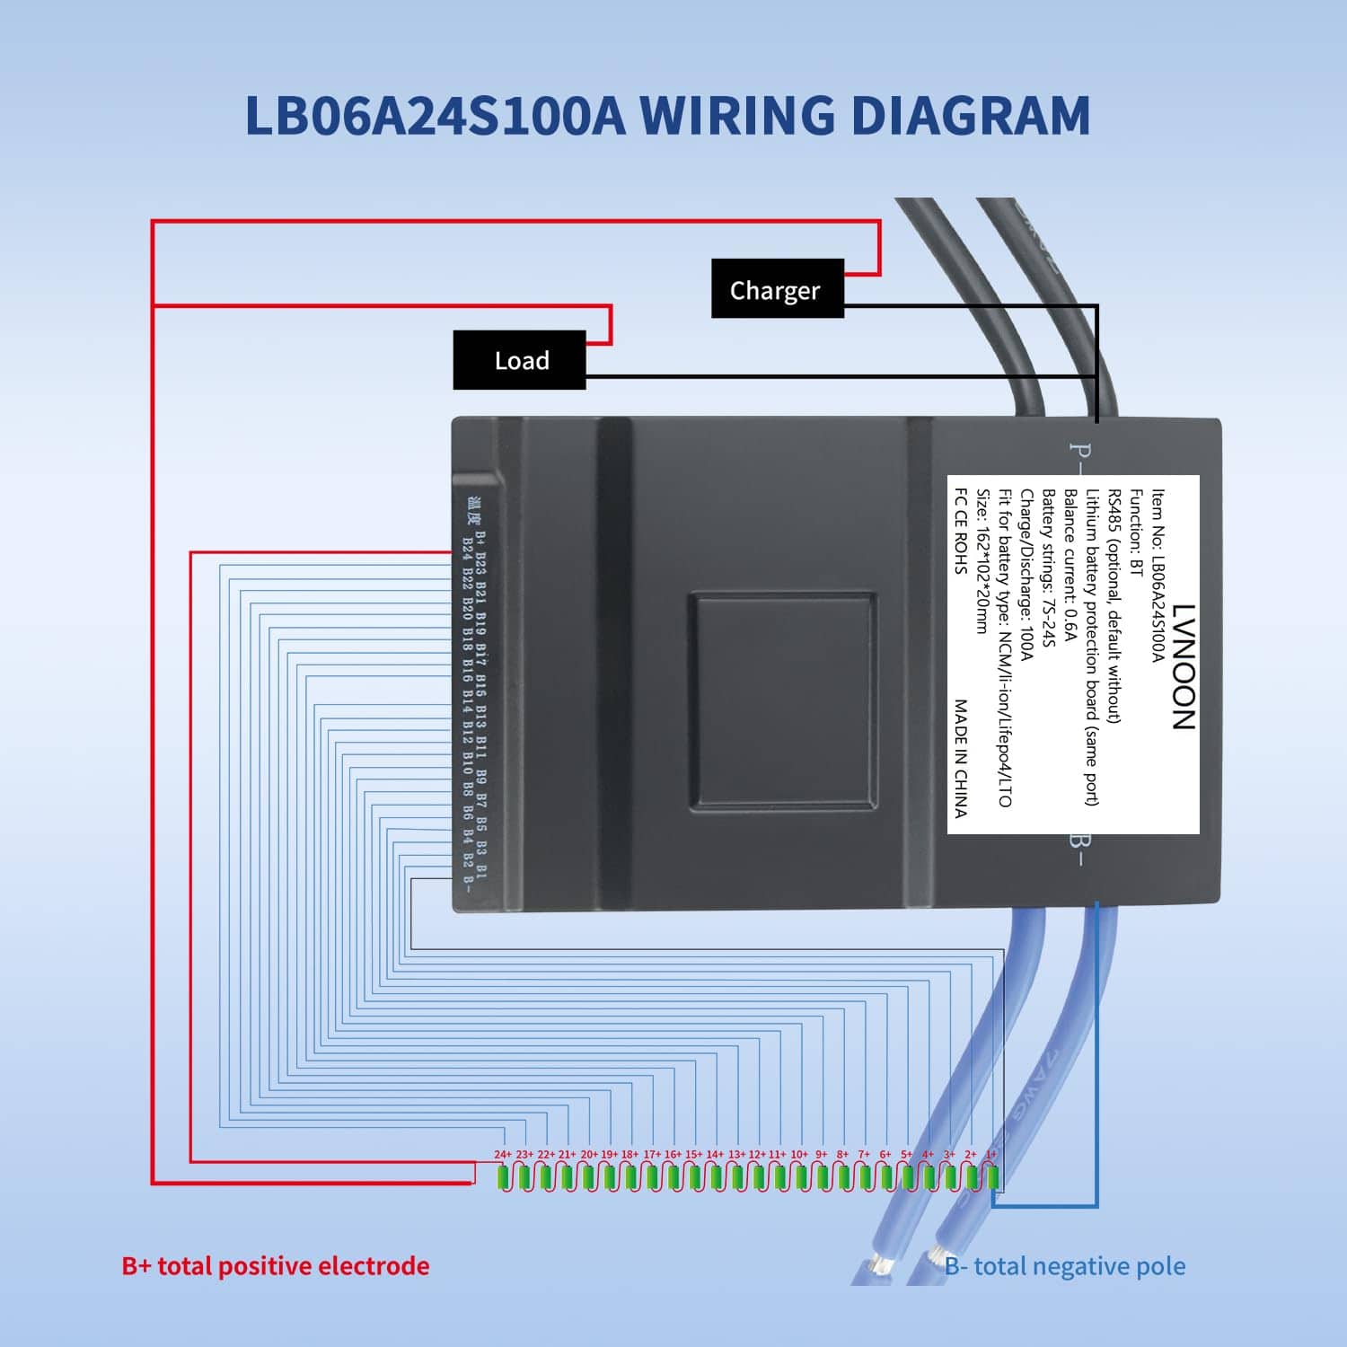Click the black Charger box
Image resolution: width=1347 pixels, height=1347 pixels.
pos(777,289)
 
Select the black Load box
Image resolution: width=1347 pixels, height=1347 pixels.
pos(520,360)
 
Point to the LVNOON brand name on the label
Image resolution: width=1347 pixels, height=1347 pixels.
pos(1184,665)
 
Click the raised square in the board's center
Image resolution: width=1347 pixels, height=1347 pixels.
pos(783,700)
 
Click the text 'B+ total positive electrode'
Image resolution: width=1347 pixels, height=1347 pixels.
pos(275,1266)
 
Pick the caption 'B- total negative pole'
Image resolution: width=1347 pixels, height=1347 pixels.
pos(1065,1266)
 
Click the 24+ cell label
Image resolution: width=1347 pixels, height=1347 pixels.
pos(503,1154)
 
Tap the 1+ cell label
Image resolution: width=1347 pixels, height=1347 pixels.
pos(991,1154)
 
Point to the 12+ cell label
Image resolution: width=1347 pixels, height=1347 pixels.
pos(757,1154)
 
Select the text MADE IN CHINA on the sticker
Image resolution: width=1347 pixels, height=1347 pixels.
pos(961,759)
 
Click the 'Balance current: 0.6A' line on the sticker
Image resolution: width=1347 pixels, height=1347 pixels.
pos(1070,566)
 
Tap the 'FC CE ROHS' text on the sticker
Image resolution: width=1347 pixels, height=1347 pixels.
pos(961,530)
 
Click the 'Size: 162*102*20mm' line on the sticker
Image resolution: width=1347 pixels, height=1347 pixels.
pos(982,561)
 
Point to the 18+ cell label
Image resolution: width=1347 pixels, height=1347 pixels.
pos(629,1154)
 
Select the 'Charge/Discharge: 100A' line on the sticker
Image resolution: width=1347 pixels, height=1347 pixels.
pos(1026,575)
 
